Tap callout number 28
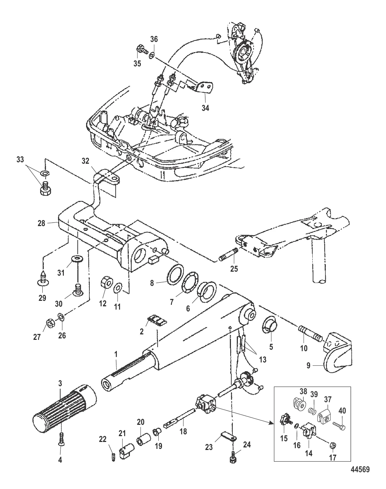41,223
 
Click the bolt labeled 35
141,49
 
